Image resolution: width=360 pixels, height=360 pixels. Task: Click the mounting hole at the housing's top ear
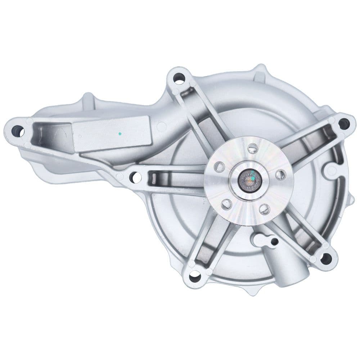click(x=179, y=77)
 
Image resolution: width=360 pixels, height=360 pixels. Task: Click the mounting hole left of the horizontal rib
click(x=136, y=177)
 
